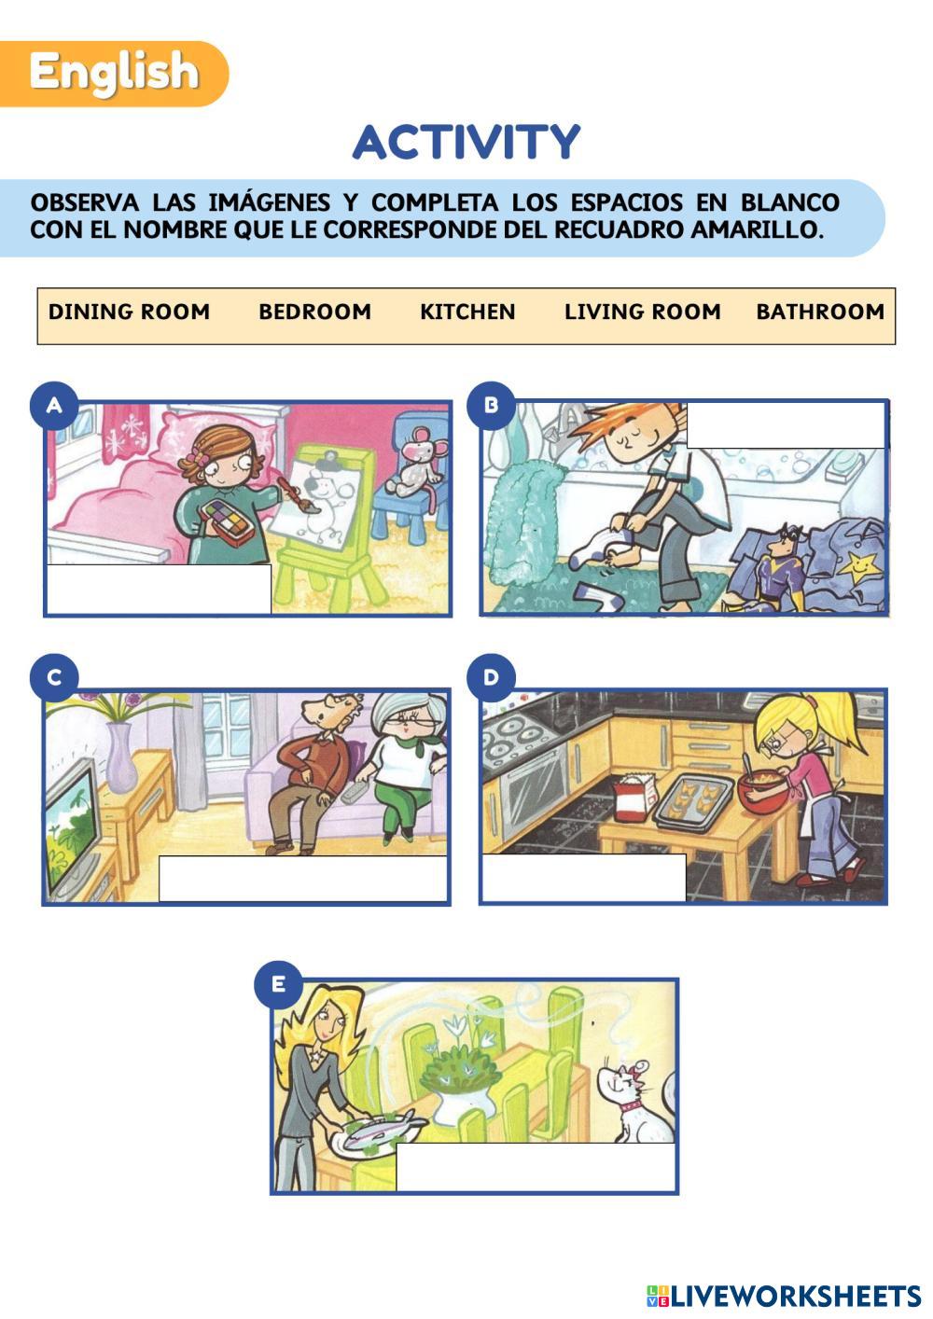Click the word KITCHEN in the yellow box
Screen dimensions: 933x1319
pyautogui.click(x=467, y=312)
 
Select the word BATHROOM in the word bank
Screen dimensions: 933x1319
pyautogui.click(x=820, y=312)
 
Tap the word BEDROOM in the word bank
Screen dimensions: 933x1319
pyautogui.click(x=315, y=312)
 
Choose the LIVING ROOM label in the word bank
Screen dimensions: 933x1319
pyautogui.click(x=643, y=312)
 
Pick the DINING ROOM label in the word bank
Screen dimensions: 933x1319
pyautogui.click(x=129, y=312)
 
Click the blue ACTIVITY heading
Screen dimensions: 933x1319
pyautogui.click(x=466, y=142)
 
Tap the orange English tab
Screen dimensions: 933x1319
pyautogui.click(x=114, y=74)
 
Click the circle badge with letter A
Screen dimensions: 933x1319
pyautogui.click(x=54, y=405)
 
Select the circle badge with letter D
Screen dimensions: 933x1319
pyautogui.click(x=492, y=677)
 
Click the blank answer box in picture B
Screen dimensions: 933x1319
pyautogui.click(x=787, y=425)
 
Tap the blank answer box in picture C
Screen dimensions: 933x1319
pyautogui.click(x=302, y=878)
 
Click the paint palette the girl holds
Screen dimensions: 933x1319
pyautogui.click(x=227, y=521)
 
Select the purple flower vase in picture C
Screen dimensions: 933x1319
pyautogui.click(x=121, y=757)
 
